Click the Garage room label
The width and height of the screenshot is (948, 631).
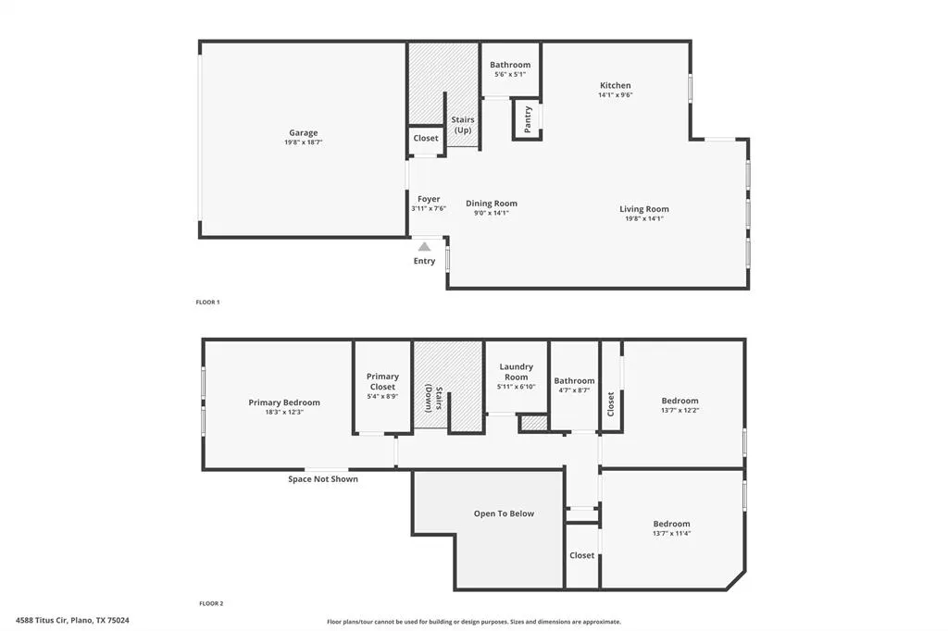[303, 133]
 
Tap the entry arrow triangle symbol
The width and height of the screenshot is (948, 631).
[424, 247]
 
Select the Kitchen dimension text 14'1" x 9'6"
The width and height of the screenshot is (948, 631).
[615, 94]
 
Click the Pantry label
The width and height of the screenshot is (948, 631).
[528, 120]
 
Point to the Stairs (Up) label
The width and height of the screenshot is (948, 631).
[462, 125]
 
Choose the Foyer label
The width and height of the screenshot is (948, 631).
[429, 199]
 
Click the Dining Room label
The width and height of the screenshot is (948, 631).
[491, 204]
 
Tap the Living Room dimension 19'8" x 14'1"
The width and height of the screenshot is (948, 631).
[644, 218]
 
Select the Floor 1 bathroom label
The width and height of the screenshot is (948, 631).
[510, 65]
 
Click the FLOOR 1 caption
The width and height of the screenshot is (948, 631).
[207, 303]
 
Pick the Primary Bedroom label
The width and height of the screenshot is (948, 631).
[284, 402]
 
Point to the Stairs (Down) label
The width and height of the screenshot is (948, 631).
[432, 398]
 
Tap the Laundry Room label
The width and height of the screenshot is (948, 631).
[516, 372]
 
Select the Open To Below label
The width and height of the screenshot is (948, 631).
[504, 513]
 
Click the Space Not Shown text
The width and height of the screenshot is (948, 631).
[323, 479]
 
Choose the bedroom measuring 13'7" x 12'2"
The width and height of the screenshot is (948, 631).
[680, 401]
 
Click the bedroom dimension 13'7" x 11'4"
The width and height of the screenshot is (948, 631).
[671, 533]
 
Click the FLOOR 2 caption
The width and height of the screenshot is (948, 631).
[211, 603]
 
